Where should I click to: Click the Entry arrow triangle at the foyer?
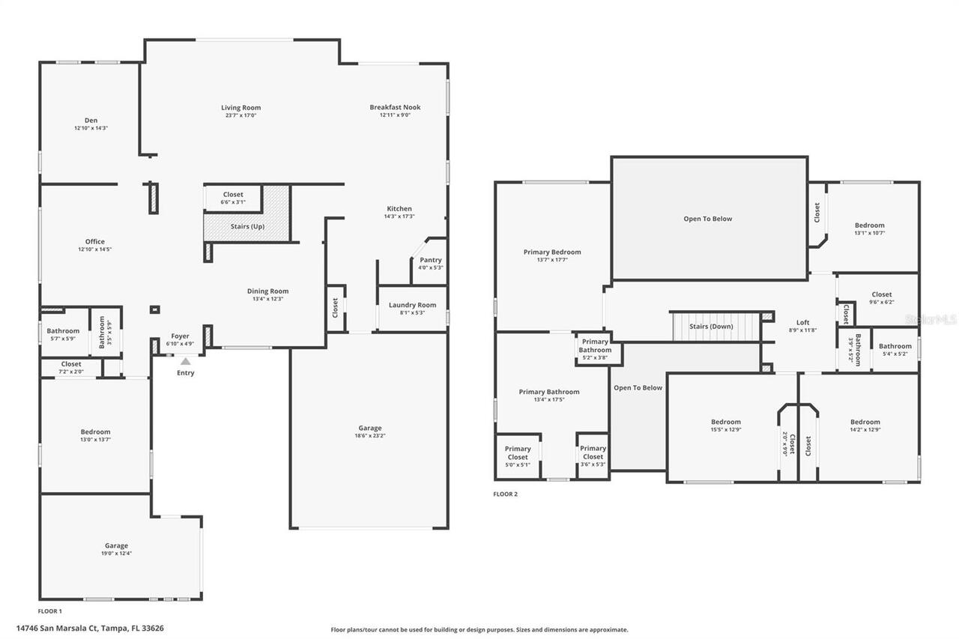pyautogui.click(x=185, y=362)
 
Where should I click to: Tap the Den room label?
pyautogui.click(x=91, y=120)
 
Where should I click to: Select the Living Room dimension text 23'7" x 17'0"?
pyautogui.click(x=240, y=115)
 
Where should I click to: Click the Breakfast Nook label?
pyautogui.click(x=395, y=107)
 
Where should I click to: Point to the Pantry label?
pyautogui.click(x=430, y=260)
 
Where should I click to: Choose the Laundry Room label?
pyautogui.click(x=412, y=305)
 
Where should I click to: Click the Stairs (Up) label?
pyautogui.click(x=246, y=226)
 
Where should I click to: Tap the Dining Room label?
pyautogui.click(x=267, y=291)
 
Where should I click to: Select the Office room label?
pyautogui.click(x=94, y=241)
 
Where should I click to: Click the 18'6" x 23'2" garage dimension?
pyautogui.click(x=369, y=435)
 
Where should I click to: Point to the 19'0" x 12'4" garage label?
pyautogui.click(x=116, y=553)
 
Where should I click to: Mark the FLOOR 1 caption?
pyautogui.click(x=50, y=611)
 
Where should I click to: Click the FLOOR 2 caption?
pyautogui.click(x=505, y=494)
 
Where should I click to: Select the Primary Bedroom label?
pyautogui.click(x=551, y=252)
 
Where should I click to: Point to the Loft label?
pyautogui.click(x=802, y=322)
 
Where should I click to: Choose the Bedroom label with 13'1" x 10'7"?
pyautogui.click(x=869, y=225)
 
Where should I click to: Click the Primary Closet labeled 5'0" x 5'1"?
pyautogui.click(x=518, y=452)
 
